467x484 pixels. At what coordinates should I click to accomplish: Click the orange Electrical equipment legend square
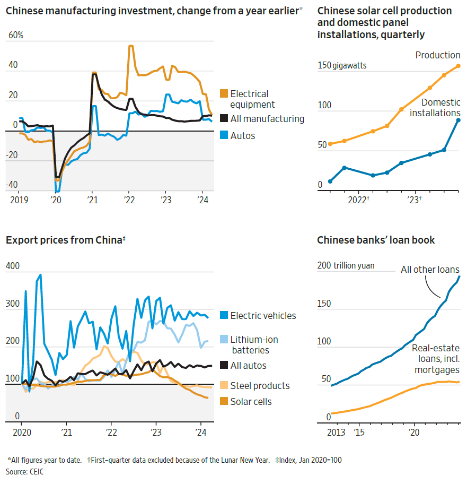224,94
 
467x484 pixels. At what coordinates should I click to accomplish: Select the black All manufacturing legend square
224,119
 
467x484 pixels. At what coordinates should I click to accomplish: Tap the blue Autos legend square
224,136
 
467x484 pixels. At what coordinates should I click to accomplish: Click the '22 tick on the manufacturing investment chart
129,200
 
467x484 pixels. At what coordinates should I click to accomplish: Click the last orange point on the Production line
459,66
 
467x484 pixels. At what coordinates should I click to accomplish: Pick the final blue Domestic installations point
459,120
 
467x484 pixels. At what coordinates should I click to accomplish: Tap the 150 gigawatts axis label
342,66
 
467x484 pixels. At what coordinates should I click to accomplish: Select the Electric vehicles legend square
224,316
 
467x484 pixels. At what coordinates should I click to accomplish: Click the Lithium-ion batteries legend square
224,340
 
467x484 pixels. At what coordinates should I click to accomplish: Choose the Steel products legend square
224,386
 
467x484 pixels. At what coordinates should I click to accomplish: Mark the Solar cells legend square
224,402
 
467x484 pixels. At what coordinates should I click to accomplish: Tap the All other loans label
430,270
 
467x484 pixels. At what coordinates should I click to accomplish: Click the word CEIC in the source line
36,471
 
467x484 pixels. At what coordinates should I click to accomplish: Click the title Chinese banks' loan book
376,240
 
